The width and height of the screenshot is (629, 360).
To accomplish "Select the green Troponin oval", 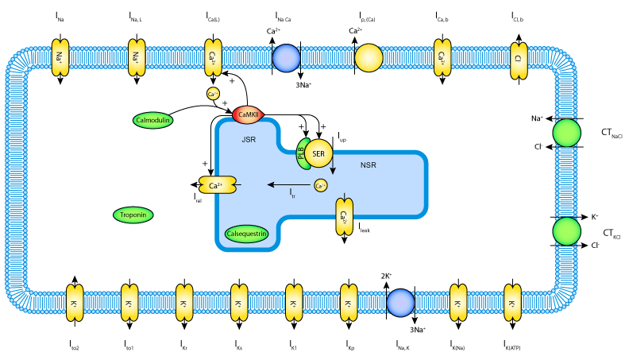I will click(133, 215).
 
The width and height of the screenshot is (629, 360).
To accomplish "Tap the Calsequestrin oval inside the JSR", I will click(247, 234).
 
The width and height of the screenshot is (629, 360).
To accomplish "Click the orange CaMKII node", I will click(248, 115).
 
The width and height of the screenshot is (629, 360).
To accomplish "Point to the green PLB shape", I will click(302, 153).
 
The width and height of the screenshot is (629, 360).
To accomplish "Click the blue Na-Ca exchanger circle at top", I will click(286, 58).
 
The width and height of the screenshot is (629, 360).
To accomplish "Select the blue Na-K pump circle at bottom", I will click(399, 303).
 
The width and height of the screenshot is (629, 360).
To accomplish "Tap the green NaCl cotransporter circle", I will click(567, 133).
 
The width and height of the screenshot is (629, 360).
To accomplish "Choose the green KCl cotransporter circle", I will click(567, 231).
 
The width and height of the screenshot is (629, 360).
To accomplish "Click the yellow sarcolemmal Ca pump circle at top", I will click(368, 58).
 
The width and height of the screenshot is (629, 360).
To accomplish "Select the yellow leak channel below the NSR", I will click(344, 216).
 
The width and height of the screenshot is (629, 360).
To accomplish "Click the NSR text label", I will click(369, 165).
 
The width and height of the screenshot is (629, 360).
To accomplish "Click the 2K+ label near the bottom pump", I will click(387, 277).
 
